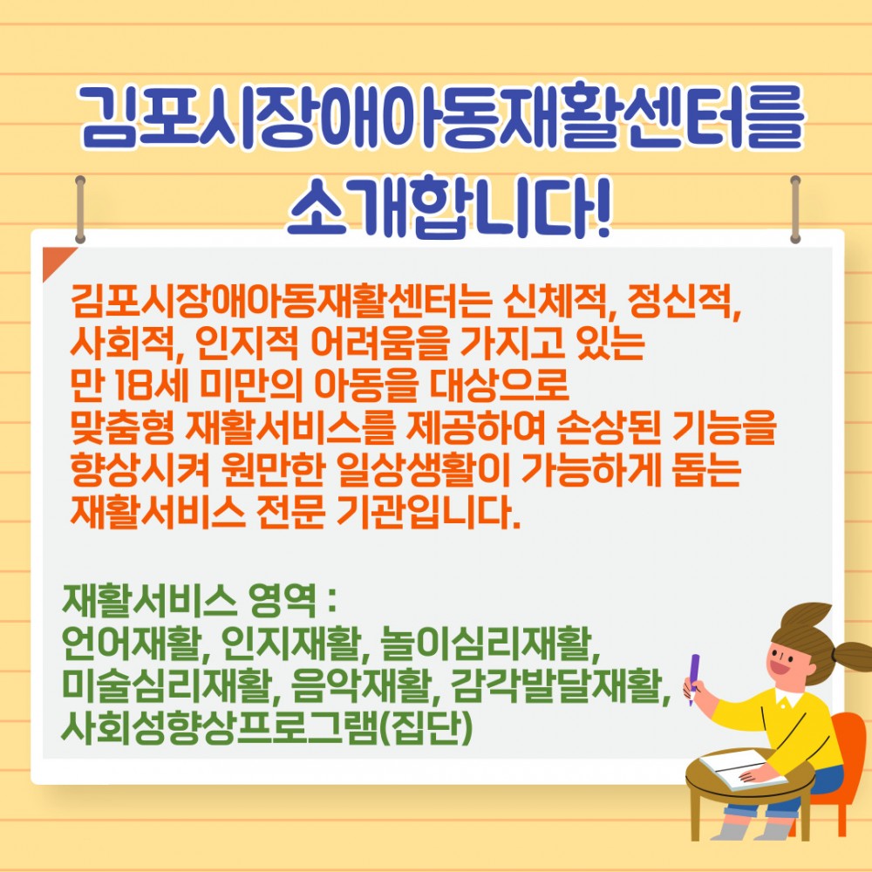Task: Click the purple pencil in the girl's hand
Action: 694,676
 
